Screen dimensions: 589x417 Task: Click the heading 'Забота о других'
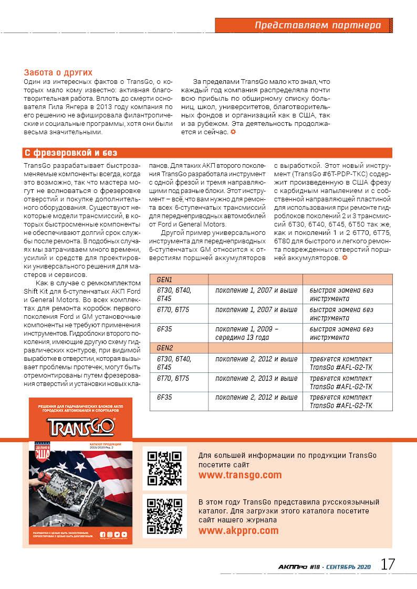58,72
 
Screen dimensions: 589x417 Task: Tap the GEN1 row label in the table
164,280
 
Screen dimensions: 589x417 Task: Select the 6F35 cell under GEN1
164,329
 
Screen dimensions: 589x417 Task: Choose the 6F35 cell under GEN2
164,397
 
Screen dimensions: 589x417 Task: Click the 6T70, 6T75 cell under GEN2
172,378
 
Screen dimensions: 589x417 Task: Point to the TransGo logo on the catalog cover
80,426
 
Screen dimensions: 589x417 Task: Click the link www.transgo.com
240,475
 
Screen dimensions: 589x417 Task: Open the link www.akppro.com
238,530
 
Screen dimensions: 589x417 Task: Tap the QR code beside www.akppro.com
164,516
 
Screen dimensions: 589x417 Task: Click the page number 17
388,565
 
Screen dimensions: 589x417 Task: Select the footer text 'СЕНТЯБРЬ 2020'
349,567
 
